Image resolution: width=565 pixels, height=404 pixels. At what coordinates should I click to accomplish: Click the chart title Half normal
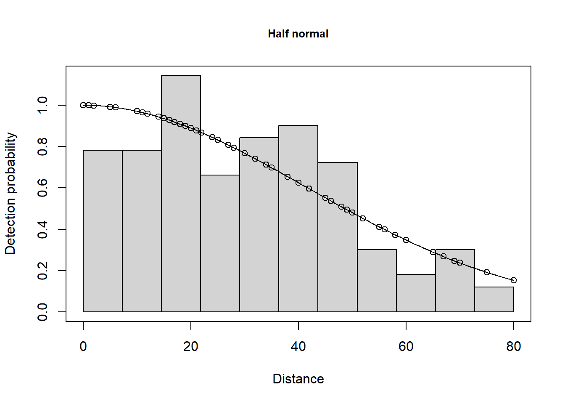coord(298,34)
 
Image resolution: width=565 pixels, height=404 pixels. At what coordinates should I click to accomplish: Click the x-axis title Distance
coord(298,379)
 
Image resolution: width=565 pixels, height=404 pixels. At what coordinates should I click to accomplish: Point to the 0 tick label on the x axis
coord(83,346)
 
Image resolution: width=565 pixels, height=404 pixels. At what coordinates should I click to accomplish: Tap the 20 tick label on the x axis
coord(191,346)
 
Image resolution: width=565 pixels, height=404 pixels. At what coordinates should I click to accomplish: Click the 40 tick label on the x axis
coord(298,346)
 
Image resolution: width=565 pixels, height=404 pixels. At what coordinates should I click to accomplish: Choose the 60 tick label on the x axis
coord(406,346)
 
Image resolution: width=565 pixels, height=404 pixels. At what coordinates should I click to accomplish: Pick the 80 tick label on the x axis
coord(514,346)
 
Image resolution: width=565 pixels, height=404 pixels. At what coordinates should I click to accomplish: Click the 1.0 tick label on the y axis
coord(42,105)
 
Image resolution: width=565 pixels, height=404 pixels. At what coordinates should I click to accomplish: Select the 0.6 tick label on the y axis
coord(42,188)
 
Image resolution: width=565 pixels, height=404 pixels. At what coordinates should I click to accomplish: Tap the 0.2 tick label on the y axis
coord(42,271)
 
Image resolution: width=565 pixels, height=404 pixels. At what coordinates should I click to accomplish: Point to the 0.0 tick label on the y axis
coord(42,312)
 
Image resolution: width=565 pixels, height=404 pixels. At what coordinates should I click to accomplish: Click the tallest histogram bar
coord(181,194)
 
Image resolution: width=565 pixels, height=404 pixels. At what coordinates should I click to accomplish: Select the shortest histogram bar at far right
coord(494,299)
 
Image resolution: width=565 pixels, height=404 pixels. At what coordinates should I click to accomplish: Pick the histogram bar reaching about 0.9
coord(298,218)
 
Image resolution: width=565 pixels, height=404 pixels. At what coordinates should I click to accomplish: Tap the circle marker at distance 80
coord(514,280)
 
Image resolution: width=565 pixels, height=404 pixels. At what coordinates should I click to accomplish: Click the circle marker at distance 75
coord(487,272)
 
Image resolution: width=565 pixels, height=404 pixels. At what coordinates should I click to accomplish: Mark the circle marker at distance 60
coord(406,240)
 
